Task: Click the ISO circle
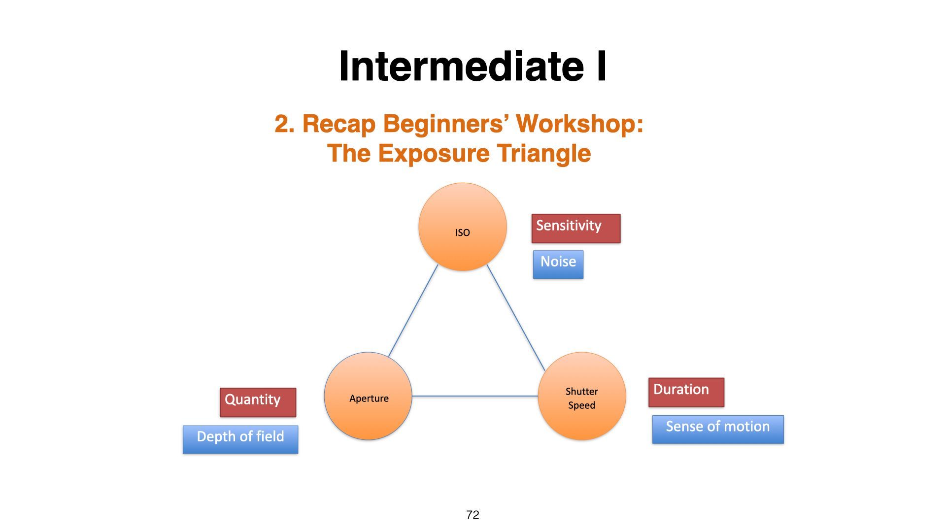(x=462, y=227)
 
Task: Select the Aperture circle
(x=368, y=396)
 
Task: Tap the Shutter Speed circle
(x=581, y=396)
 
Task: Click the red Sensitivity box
(x=575, y=229)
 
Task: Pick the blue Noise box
(x=558, y=265)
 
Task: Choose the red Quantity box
(x=258, y=402)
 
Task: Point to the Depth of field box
(x=240, y=439)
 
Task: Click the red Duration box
(x=686, y=392)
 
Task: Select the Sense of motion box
(x=717, y=429)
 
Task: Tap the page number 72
(x=473, y=515)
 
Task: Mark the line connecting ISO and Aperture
(x=413, y=311)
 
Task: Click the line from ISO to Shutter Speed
(x=516, y=318)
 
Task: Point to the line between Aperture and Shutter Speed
(x=474, y=396)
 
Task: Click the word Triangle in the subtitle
(x=543, y=153)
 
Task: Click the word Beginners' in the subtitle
(x=446, y=124)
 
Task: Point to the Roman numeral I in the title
(x=601, y=66)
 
